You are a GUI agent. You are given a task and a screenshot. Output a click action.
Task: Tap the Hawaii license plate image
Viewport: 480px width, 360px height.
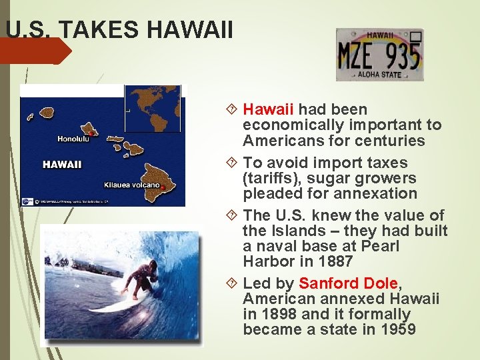[x=379, y=55]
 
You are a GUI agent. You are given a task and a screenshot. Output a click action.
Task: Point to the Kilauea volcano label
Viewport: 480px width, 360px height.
[x=131, y=185]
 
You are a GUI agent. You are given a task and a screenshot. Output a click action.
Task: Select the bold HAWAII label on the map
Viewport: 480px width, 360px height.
[x=62, y=164]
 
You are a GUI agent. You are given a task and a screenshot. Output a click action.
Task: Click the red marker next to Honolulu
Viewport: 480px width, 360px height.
[x=91, y=133]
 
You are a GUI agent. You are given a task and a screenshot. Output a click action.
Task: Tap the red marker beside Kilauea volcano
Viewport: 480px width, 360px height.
[x=163, y=188]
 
